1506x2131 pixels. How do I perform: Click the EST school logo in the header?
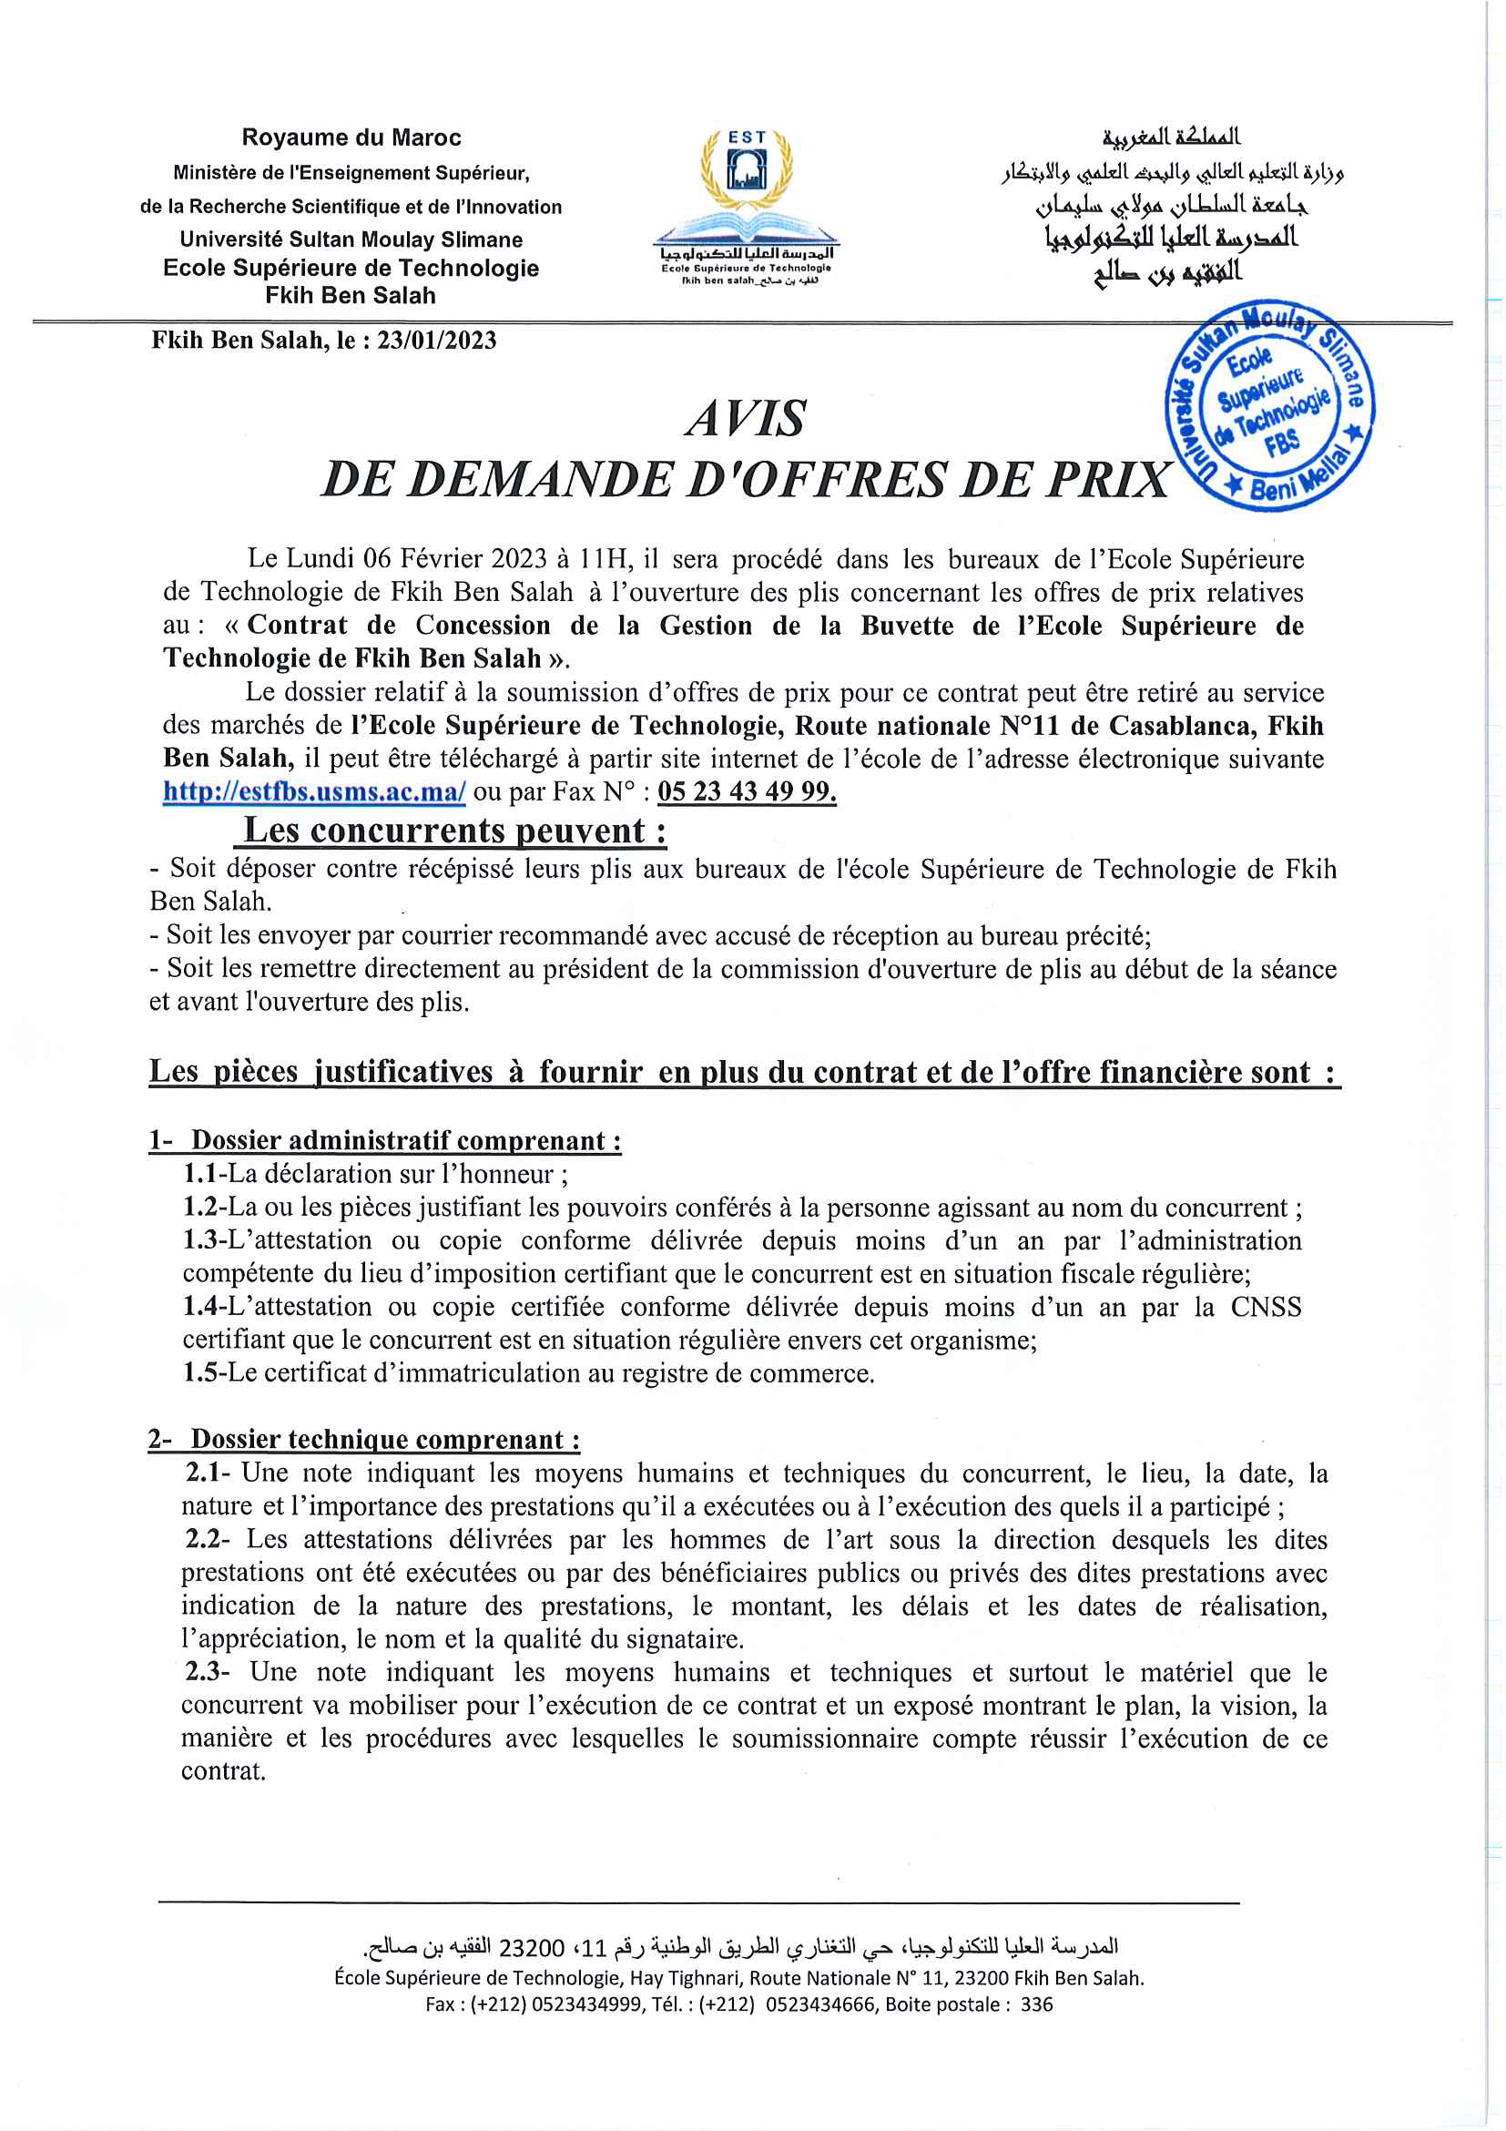(746, 206)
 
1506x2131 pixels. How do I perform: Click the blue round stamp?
(1269, 404)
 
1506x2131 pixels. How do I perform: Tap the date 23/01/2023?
(436, 341)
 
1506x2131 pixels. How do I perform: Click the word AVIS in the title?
(746, 419)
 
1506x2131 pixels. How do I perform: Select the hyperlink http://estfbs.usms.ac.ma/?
(314, 791)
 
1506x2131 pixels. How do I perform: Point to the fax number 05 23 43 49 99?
(746, 791)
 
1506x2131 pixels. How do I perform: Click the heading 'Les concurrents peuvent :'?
(454, 830)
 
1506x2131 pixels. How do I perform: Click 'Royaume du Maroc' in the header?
(351, 138)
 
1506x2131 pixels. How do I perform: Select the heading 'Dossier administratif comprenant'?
(405, 1141)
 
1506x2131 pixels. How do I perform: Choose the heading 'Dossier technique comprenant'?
(385, 1440)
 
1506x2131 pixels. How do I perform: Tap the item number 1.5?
(199, 1372)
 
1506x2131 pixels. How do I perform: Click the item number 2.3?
(202, 1672)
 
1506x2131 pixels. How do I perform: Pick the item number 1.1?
(199, 1174)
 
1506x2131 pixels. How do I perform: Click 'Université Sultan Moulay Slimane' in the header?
(351, 240)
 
